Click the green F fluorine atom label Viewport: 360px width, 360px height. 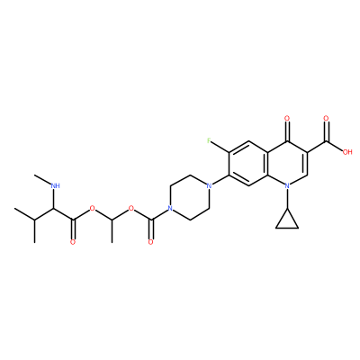(x=209, y=140)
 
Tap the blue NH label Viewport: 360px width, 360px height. (x=55, y=185)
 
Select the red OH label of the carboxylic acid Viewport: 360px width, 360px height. (x=347, y=152)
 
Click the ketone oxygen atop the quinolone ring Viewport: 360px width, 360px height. (x=287, y=118)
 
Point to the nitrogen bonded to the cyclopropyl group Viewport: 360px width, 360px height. (x=287, y=185)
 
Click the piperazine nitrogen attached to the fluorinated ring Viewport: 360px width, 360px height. (x=209, y=185)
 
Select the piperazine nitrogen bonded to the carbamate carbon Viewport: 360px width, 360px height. (x=170, y=208)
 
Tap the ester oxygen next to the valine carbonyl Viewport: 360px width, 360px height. (x=93, y=208)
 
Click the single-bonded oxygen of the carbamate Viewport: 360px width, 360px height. (x=131, y=208)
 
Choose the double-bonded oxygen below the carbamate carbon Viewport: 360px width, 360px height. (x=150, y=242)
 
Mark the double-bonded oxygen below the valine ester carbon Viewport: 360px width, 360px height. (x=73, y=242)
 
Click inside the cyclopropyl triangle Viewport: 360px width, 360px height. (x=287, y=221)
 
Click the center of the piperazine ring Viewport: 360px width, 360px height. (x=190, y=197)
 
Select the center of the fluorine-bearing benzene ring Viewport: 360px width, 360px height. (x=248, y=163)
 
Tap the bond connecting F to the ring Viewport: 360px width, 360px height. (x=220, y=147)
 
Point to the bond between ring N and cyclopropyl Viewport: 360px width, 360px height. (x=287, y=199)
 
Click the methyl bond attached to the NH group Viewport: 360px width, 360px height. (x=42, y=178)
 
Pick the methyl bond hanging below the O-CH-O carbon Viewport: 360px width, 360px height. (x=112, y=230)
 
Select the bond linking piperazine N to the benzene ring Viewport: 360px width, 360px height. (x=220, y=179)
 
